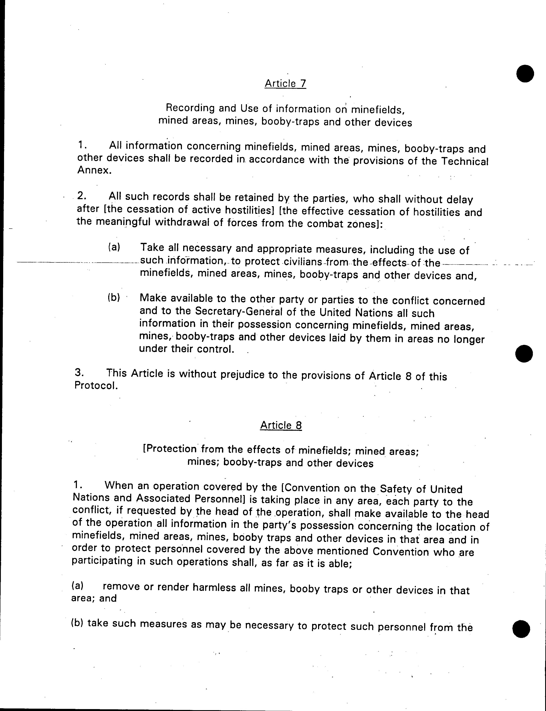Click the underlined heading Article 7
point(285,83)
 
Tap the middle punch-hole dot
point(524,353)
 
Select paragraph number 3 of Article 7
point(79,372)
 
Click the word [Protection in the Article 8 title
point(170,449)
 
